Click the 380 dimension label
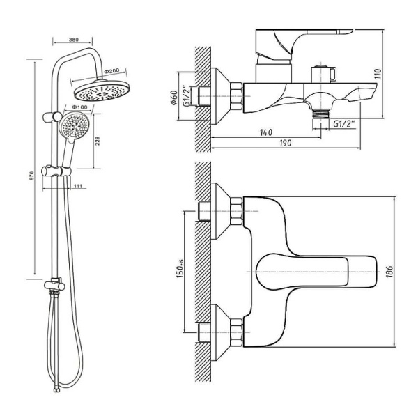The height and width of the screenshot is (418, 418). [x=74, y=40]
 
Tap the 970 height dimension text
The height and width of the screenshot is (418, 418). [x=32, y=176]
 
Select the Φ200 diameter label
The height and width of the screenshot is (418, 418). [x=111, y=71]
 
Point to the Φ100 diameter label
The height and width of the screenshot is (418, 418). [x=79, y=107]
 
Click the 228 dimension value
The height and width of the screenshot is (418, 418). [x=98, y=141]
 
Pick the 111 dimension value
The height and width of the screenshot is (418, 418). [x=77, y=186]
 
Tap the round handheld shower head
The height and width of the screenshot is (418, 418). [x=73, y=125]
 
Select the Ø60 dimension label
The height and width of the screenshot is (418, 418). [x=174, y=98]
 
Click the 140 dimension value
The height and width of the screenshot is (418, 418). [x=266, y=132]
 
